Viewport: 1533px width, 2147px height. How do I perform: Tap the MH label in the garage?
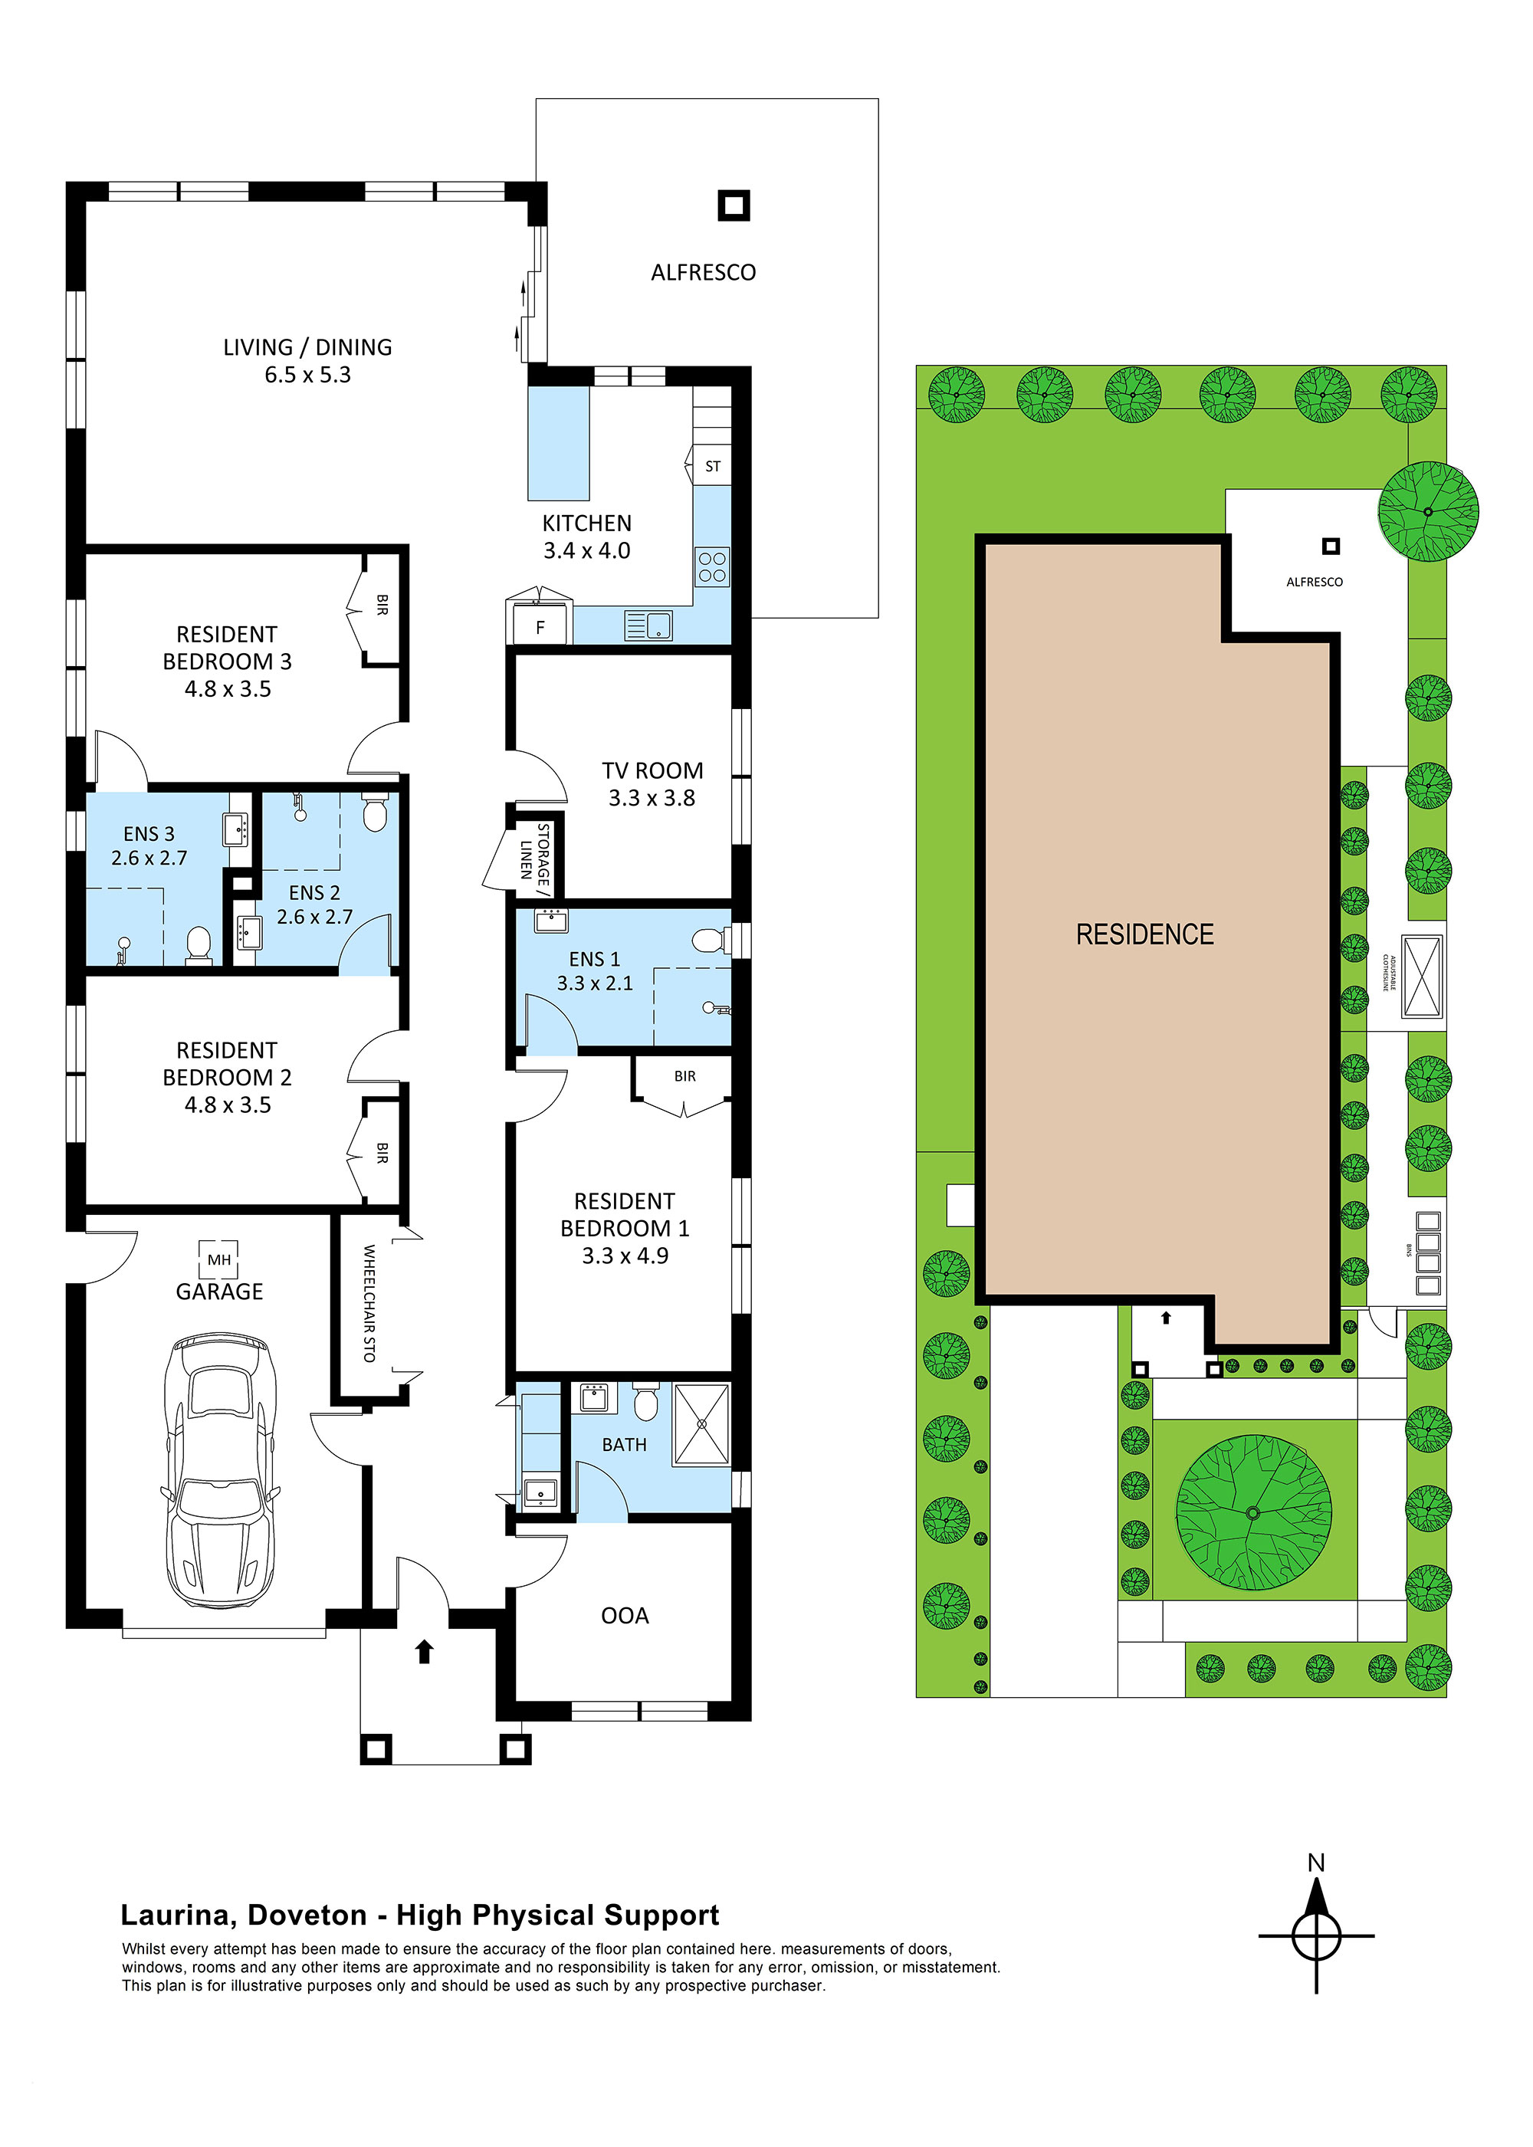[x=219, y=1260]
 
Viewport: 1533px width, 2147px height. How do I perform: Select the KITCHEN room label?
[x=586, y=523]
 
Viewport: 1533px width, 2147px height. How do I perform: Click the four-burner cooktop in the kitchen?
[x=713, y=567]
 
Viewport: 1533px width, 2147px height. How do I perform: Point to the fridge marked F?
[x=540, y=627]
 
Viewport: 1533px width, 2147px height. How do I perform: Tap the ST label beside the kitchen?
[x=713, y=466]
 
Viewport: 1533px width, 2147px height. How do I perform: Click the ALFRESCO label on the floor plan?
[x=703, y=273]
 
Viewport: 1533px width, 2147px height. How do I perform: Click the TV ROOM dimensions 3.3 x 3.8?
[x=652, y=799]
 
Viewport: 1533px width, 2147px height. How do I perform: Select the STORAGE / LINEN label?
[x=534, y=855]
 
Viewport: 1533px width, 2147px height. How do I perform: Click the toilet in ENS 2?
[x=375, y=813]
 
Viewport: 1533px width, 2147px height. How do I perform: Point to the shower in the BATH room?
[x=701, y=1424]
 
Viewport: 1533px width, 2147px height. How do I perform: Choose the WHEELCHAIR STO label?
[x=369, y=1303]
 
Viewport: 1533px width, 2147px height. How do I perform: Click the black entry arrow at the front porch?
[x=425, y=1650]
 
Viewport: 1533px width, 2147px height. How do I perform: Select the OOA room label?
[x=625, y=1616]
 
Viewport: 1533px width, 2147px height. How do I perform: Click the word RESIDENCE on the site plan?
[x=1145, y=934]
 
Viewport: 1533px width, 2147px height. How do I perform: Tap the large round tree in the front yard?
[x=1253, y=1513]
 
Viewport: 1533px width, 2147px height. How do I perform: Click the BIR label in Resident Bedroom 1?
[x=685, y=1076]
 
